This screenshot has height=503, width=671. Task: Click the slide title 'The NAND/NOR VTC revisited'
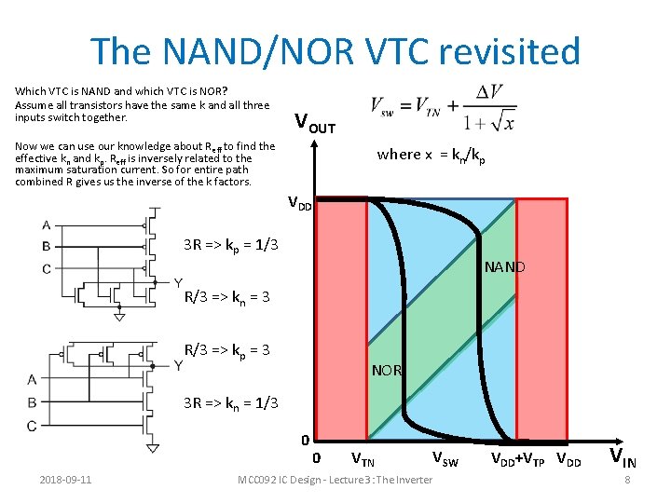335,51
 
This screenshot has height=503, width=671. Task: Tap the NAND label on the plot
505,267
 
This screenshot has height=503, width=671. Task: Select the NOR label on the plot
386,370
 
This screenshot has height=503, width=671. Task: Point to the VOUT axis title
315,122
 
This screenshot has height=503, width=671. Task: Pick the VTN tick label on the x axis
363,458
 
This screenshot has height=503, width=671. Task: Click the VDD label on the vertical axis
299,202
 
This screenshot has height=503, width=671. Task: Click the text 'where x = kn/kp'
431,155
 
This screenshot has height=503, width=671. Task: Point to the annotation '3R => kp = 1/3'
228,245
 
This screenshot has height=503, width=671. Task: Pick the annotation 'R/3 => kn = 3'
227,298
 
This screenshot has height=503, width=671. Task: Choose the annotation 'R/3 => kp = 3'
227,350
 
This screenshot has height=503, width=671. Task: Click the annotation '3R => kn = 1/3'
228,402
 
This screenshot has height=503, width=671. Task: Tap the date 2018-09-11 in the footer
65,480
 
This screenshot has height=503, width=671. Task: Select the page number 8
628,480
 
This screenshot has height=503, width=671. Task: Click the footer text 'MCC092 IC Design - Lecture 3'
335,480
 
